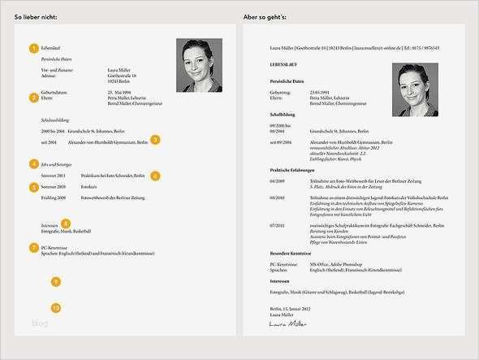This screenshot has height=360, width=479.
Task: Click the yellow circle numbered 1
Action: pyautogui.click(x=33, y=48)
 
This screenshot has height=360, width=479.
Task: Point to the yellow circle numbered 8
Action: pyautogui.click(x=66, y=223)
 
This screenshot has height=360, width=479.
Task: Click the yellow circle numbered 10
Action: pyautogui.click(x=55, y=308)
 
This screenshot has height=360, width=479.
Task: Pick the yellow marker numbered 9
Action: pyautogui.click(x=55, y=282)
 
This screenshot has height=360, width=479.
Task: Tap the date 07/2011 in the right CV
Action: pyautogui.click(x=277, y=224)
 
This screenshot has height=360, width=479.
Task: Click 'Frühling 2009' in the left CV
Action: pyautogui.click(x=54, y=198)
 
